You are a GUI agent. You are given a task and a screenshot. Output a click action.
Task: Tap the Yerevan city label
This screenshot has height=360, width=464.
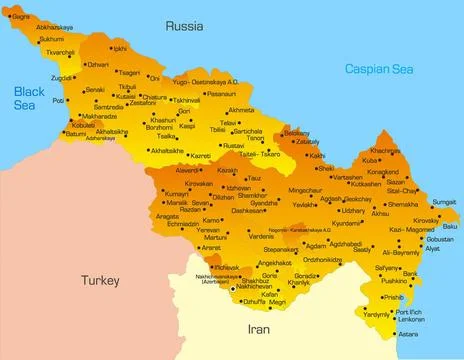208,230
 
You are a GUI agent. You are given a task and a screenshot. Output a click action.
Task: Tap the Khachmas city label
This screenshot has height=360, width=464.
384,151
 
